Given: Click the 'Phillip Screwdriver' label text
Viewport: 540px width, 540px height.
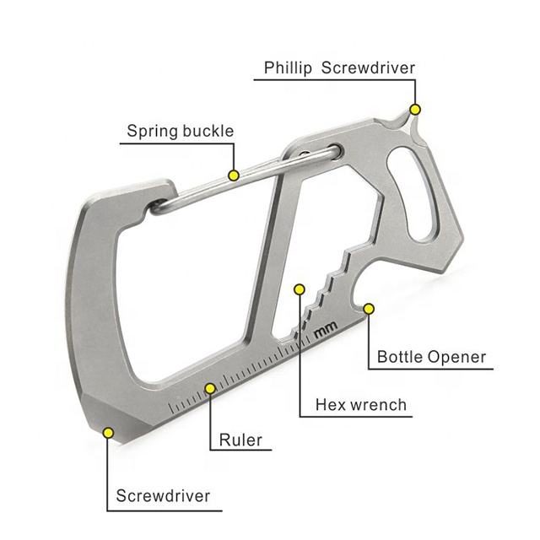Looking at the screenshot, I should click(x=339, y=67).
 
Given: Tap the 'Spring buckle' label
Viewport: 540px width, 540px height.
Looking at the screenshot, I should click(x=180, y=131).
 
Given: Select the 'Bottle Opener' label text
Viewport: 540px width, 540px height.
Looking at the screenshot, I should click(x=431, y=357).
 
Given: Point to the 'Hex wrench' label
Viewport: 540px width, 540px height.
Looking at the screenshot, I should click(x=360, y=405).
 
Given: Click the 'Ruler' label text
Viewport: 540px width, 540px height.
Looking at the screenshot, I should click(x=240, y=440).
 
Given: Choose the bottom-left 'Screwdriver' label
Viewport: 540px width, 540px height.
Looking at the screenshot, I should click(x=163, y=495).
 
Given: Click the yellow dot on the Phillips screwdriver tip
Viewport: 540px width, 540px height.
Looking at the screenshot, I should click(x=414, y=109).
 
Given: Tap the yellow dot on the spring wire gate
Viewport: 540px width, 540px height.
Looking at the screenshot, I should click(x=234, y=175).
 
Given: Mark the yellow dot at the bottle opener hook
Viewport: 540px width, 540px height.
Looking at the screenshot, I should click(x=368, y=310).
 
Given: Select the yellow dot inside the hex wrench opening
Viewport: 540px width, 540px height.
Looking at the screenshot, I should click(x=298, y=289).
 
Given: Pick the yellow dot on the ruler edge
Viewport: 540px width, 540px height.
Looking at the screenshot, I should click(x=209, y=389).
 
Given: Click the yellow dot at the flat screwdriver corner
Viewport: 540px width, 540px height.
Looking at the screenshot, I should click(x=108, y=433).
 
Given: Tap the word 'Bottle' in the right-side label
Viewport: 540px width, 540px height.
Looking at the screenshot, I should click(x=400, y=357).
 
